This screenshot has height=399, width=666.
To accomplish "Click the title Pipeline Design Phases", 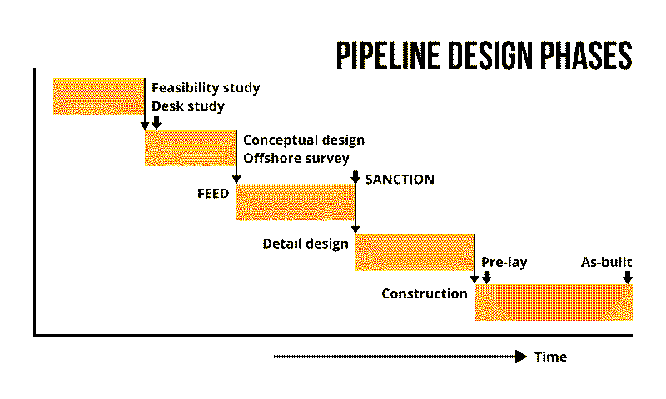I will click(484, 55).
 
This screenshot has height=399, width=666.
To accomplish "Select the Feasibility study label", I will click(206, 87).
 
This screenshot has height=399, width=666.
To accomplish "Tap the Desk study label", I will click(188, 106).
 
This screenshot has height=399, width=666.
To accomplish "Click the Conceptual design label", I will click(304, 140).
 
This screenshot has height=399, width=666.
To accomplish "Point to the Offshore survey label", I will click(296, 158).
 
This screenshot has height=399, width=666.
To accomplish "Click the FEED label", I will click(213, 193).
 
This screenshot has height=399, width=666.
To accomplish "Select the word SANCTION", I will click(400, 179).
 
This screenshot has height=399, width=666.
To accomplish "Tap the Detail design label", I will click(306, 244).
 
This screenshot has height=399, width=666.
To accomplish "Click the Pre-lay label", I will click(504, 263).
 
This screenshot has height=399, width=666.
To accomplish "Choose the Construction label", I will click(425, 293).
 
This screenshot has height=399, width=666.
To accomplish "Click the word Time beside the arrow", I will click(550, 357).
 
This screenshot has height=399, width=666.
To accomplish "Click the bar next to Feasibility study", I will click(98, 96).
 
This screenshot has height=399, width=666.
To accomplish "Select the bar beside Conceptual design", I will click(190, 148).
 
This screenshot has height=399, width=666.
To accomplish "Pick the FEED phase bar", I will click(296, 202).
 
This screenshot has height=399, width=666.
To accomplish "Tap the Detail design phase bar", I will click(415, 253).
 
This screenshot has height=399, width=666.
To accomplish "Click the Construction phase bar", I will click(553, 303).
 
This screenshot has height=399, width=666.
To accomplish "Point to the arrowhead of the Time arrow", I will click(521, 357).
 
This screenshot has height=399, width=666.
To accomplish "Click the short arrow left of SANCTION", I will click(355, 177).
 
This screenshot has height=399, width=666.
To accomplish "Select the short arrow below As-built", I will click(628, 276).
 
